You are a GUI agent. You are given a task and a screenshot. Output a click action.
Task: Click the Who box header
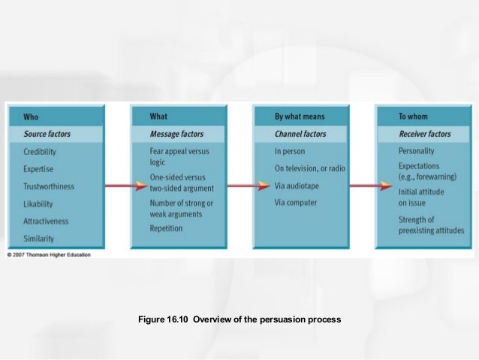(31, 116)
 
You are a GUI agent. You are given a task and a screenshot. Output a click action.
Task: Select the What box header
(159, 116)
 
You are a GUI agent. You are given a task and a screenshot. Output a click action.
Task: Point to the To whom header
(414, 116)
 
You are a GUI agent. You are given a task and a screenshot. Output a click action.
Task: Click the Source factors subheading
(49, 134)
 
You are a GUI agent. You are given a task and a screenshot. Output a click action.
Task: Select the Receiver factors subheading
(425, 134)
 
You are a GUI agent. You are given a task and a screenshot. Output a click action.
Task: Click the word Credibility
(41, 151)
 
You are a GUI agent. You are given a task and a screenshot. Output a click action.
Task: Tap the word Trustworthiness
(49, 186)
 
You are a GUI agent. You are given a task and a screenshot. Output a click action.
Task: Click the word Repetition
(166, 228)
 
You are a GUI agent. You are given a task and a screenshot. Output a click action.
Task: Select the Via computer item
(296, 202)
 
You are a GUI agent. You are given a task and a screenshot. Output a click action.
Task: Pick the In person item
(290, 151)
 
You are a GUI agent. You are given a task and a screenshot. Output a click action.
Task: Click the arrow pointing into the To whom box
(372, 186)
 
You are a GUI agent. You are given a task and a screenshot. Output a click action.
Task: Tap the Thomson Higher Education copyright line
(49, 255)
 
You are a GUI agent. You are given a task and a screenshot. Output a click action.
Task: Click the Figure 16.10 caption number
(165, 319)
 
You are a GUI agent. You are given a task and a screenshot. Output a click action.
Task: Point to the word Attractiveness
(46, 221)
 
